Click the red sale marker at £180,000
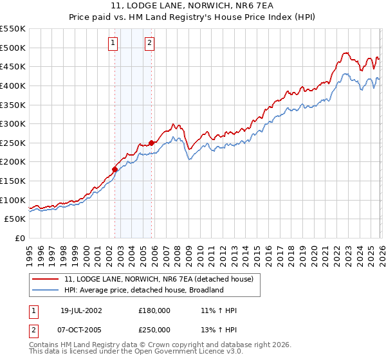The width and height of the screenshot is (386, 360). (115, 170)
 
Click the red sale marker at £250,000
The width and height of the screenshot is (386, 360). (152, 143)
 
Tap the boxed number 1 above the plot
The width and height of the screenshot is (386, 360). (113, 43)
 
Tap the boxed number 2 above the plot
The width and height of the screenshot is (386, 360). (149, 43)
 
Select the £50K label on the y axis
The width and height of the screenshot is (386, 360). (15, 219)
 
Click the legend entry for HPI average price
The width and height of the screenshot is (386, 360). (143, 290)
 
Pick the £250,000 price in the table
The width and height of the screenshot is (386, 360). (154, 329)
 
